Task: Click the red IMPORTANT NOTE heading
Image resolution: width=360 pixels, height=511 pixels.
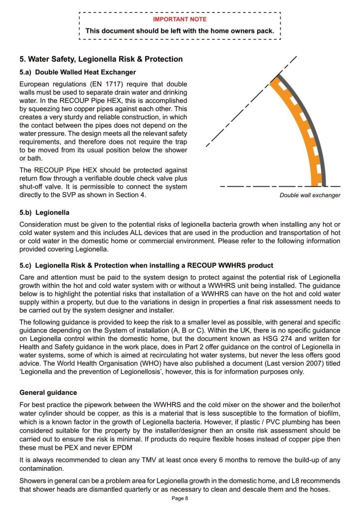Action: point(180,19)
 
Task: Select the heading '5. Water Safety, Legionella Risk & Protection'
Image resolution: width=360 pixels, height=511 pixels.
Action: point(101,59)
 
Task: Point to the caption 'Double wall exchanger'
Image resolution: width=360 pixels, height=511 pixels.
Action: point(310,195)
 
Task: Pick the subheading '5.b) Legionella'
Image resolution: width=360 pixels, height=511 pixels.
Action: point(44,213)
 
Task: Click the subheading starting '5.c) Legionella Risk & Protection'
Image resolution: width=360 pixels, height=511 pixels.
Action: point(146,264)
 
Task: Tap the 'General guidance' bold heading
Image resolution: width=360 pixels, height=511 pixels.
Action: point(48,392)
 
